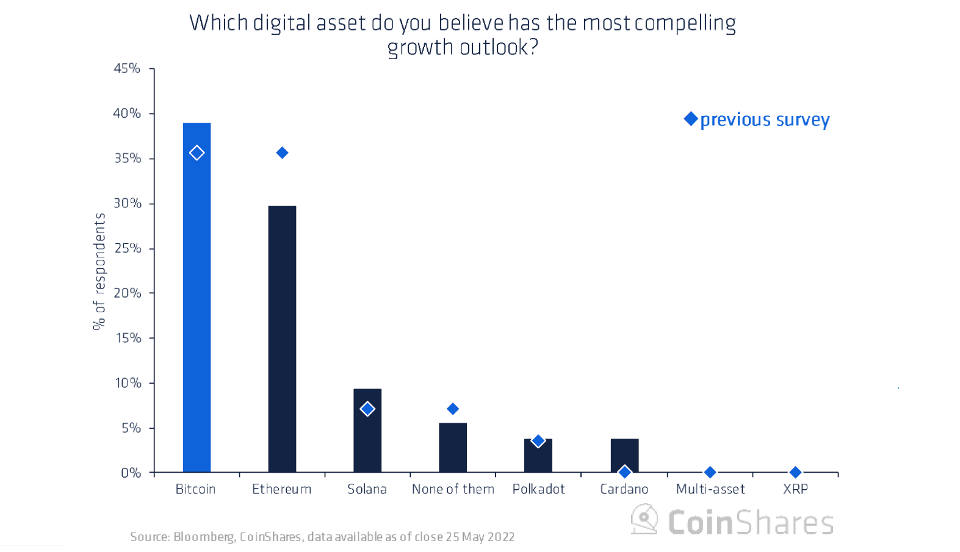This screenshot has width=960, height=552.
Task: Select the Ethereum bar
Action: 282,339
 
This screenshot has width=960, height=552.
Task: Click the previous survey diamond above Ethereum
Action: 282,152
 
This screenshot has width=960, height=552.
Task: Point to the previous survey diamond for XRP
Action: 795,472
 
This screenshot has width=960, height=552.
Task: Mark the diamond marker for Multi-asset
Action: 710,472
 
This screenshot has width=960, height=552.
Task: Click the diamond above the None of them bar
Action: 453,409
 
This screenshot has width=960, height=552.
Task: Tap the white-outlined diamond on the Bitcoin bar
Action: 197,152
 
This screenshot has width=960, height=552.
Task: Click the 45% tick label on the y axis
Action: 127,68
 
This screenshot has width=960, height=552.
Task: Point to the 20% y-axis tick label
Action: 128,293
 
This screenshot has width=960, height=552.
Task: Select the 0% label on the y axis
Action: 131,473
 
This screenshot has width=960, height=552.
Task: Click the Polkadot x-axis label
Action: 538,489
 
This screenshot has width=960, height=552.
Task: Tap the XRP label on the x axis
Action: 795,489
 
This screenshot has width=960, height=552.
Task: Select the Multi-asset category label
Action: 710,489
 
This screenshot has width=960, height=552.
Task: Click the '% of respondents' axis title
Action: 99,271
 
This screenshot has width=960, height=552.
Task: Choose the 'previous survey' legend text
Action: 765,120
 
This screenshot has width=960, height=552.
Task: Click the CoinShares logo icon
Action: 644,519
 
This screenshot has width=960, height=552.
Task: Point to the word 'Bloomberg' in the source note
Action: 204,537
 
